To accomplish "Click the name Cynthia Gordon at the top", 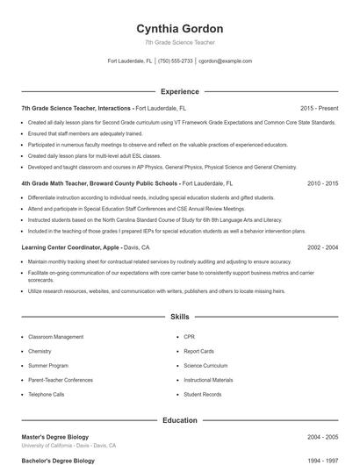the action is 179,28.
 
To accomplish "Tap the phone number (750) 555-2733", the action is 175,61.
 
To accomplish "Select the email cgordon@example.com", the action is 225,61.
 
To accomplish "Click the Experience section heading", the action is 179,90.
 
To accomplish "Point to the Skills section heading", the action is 179,316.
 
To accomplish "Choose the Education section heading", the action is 179,420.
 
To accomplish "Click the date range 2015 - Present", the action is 319,108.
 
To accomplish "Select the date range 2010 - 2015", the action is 322,184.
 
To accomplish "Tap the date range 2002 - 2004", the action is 322,248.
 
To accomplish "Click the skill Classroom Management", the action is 56,336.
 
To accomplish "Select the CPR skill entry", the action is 189,336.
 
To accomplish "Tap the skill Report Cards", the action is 198,351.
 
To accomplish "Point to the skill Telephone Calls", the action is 46,395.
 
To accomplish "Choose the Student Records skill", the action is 202,395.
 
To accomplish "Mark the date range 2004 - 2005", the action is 322,436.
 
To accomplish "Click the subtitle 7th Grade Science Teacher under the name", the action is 179,42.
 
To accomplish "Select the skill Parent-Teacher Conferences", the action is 60,380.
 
